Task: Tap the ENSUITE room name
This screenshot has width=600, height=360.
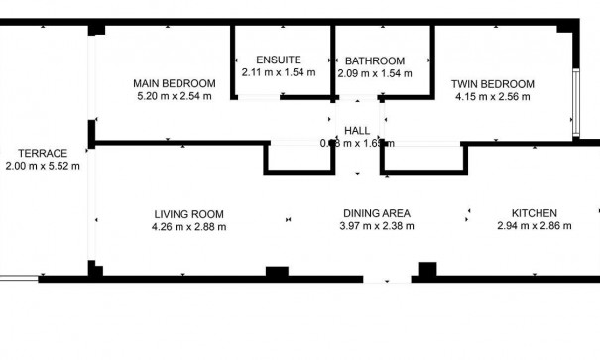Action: click(278, 59)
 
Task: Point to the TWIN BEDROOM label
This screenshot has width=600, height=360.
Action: click(493, 83)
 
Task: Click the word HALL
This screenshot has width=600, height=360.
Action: click(357, 131)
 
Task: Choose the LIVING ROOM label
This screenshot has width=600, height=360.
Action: click(188, 213)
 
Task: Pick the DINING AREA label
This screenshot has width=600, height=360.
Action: click(376, 213)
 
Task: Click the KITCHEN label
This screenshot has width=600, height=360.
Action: click(534, 213)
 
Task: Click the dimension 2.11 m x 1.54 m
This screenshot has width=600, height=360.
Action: click(278, 72)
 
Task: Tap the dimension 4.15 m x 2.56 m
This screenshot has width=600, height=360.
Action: click(493, 97)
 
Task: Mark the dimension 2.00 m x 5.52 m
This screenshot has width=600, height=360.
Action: click(42, 167)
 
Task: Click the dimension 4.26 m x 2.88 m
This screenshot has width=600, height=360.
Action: click(188, 227)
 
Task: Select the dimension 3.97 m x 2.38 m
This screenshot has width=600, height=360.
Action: click(376, 227)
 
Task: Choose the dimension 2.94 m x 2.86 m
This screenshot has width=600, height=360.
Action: click(534, 227)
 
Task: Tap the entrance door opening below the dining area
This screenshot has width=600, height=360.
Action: click(387, 280)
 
